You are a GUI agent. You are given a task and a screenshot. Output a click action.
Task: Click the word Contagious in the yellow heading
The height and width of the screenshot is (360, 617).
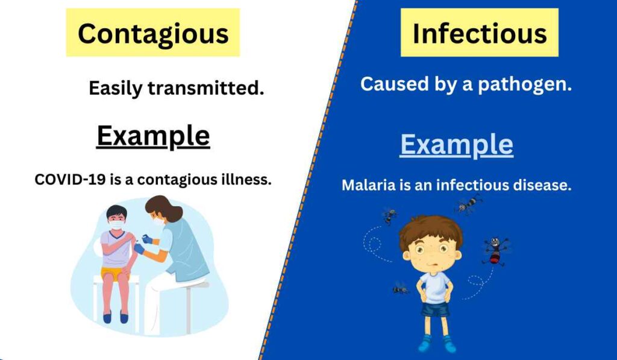[x=153, y=33]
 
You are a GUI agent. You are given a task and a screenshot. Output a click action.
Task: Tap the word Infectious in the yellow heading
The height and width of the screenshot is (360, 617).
[x=480, y=33]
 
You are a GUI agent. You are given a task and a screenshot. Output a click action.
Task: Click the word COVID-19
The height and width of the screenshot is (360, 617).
[x=70, y=179]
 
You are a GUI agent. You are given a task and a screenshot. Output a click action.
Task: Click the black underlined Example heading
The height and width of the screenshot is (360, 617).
[x=153, y=136]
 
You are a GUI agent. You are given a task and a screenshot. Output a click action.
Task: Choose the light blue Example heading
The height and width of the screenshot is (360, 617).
[x=457, y=145]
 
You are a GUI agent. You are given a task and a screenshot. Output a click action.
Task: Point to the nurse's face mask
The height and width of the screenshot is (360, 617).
[x=158, y=221]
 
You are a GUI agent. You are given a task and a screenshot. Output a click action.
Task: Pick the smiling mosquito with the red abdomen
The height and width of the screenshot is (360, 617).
[x=494, y=250]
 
